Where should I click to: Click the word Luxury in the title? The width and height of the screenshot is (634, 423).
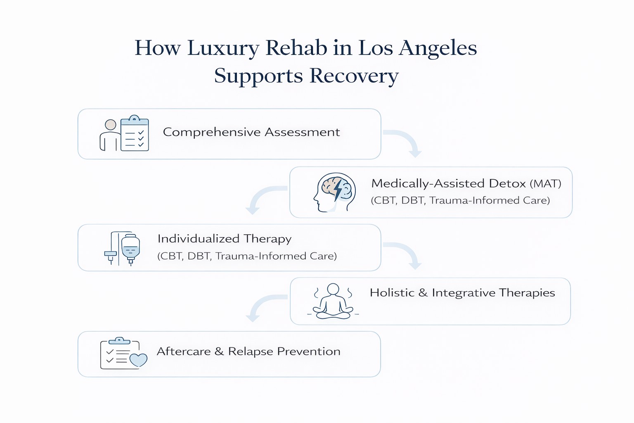(223, 48)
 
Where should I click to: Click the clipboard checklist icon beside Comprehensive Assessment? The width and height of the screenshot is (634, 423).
(135, 133)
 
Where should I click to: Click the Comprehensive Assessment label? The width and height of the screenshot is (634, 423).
(251, 132)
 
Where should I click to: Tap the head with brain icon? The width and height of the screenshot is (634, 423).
(334, 192)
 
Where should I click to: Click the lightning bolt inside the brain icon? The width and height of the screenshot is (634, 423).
(338, 190)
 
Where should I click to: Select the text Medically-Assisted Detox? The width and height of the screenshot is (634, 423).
(448, 183)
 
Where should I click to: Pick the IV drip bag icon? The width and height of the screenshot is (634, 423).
(130, 248)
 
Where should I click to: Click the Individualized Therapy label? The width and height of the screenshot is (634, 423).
(224, 239)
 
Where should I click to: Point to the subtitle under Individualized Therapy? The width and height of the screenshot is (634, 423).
(247, 256)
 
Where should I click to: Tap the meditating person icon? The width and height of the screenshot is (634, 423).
(333, 301)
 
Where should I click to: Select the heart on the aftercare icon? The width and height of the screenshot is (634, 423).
(138, 360)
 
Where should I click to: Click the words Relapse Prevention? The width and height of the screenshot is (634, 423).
(284, 352)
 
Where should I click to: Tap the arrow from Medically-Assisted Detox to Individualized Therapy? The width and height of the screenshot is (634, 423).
(263, 198)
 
